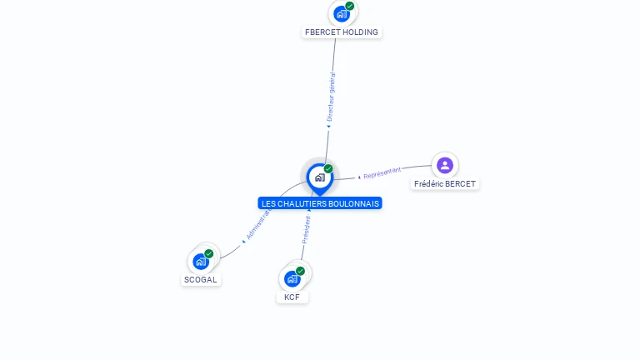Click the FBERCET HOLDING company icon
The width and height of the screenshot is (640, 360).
point(342,13)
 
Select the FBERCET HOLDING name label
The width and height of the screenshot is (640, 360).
point(342,32)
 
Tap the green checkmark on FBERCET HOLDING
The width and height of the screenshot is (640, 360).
point(350,6)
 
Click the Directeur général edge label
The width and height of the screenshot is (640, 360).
point(331,97)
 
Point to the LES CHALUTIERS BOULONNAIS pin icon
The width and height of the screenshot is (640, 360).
point(319,177)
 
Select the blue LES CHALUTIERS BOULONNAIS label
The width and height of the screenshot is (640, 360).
point(320,203)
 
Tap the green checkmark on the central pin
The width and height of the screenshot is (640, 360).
point(328,168)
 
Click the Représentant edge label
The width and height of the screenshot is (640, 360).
point(382,172)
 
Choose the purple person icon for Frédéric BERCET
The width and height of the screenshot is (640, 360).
point(445,165)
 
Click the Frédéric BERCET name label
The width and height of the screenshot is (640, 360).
point(445,183)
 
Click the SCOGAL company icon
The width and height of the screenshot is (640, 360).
point(201,262)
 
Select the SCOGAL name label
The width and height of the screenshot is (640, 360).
point(200,280)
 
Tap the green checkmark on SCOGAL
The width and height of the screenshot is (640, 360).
point(209,253)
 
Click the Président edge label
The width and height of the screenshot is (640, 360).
point(306,230)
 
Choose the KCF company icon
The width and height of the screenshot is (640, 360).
point(292,278)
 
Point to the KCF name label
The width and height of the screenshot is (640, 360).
point(292,297)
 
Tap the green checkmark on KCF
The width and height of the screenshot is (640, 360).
point(300,271)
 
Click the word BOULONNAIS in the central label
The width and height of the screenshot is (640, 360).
point(353,203)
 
